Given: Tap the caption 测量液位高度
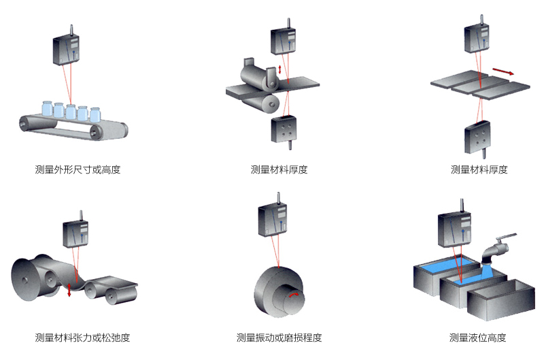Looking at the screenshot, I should (x=477, y=338).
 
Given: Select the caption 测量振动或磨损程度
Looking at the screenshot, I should (x=279, y=338).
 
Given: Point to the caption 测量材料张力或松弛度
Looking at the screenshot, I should (x=82, y=338).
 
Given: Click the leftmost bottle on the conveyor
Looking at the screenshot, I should (x=46, y=109).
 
